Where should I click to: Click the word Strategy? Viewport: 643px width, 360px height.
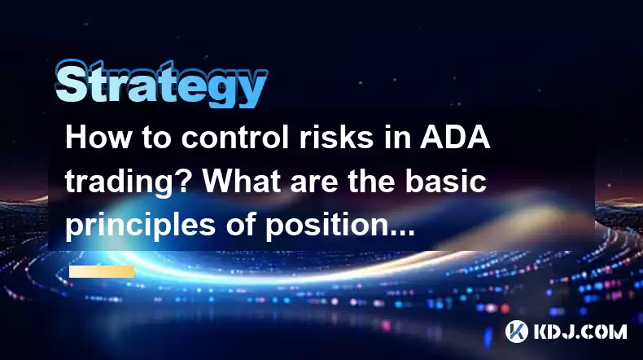pyautogui.click(x=161, y=83)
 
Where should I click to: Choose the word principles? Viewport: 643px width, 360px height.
pyautogui.click(x=140, y=226)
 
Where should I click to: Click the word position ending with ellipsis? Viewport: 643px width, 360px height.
pyautogui.click(x=340, y=226)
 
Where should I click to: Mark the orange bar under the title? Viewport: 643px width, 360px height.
pyautogui.click(x=102, y=271)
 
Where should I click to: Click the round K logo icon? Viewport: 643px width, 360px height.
pyautogui.click(x=516, y=331)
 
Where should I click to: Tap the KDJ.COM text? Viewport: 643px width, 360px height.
pyautogui.click(x=580, y=331)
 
